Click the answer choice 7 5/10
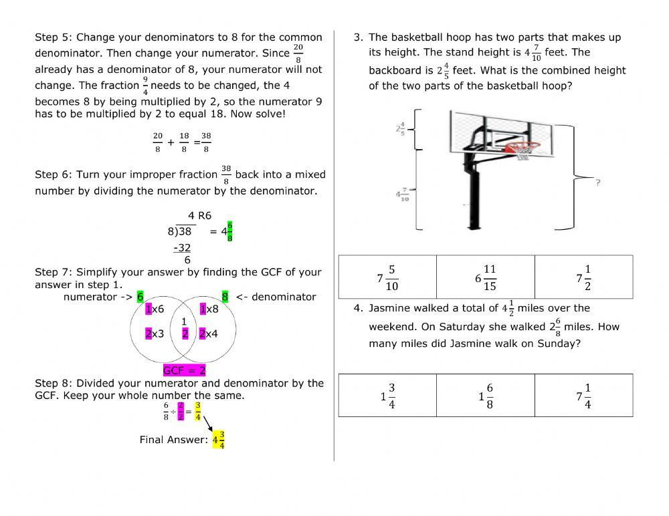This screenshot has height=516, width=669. pos(387,277)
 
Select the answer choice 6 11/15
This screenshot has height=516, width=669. pos(485,277)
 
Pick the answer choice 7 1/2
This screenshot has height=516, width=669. pos(583,277)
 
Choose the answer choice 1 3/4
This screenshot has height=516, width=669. pos(387,396)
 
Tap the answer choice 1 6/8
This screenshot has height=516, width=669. pos(485,396)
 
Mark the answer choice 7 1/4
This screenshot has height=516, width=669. pos(583,396)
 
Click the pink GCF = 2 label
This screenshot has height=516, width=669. pos(184,370)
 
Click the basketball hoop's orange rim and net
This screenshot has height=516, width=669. pos(522,148)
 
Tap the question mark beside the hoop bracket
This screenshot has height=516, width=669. pos(597,182)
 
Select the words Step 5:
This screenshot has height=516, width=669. pos(54,37)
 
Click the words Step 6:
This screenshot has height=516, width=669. pos(54,174)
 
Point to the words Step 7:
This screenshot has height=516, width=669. pos(54,272)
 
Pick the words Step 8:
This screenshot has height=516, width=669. pos(54,383)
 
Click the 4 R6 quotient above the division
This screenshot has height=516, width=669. pos(199,216)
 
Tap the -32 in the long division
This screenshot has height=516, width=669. pos(182,247)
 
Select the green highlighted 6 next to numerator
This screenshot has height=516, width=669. pos(140,297)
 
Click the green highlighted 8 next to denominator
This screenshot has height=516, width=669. pos(225,297)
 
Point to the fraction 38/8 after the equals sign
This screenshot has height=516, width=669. pos(206,142)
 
